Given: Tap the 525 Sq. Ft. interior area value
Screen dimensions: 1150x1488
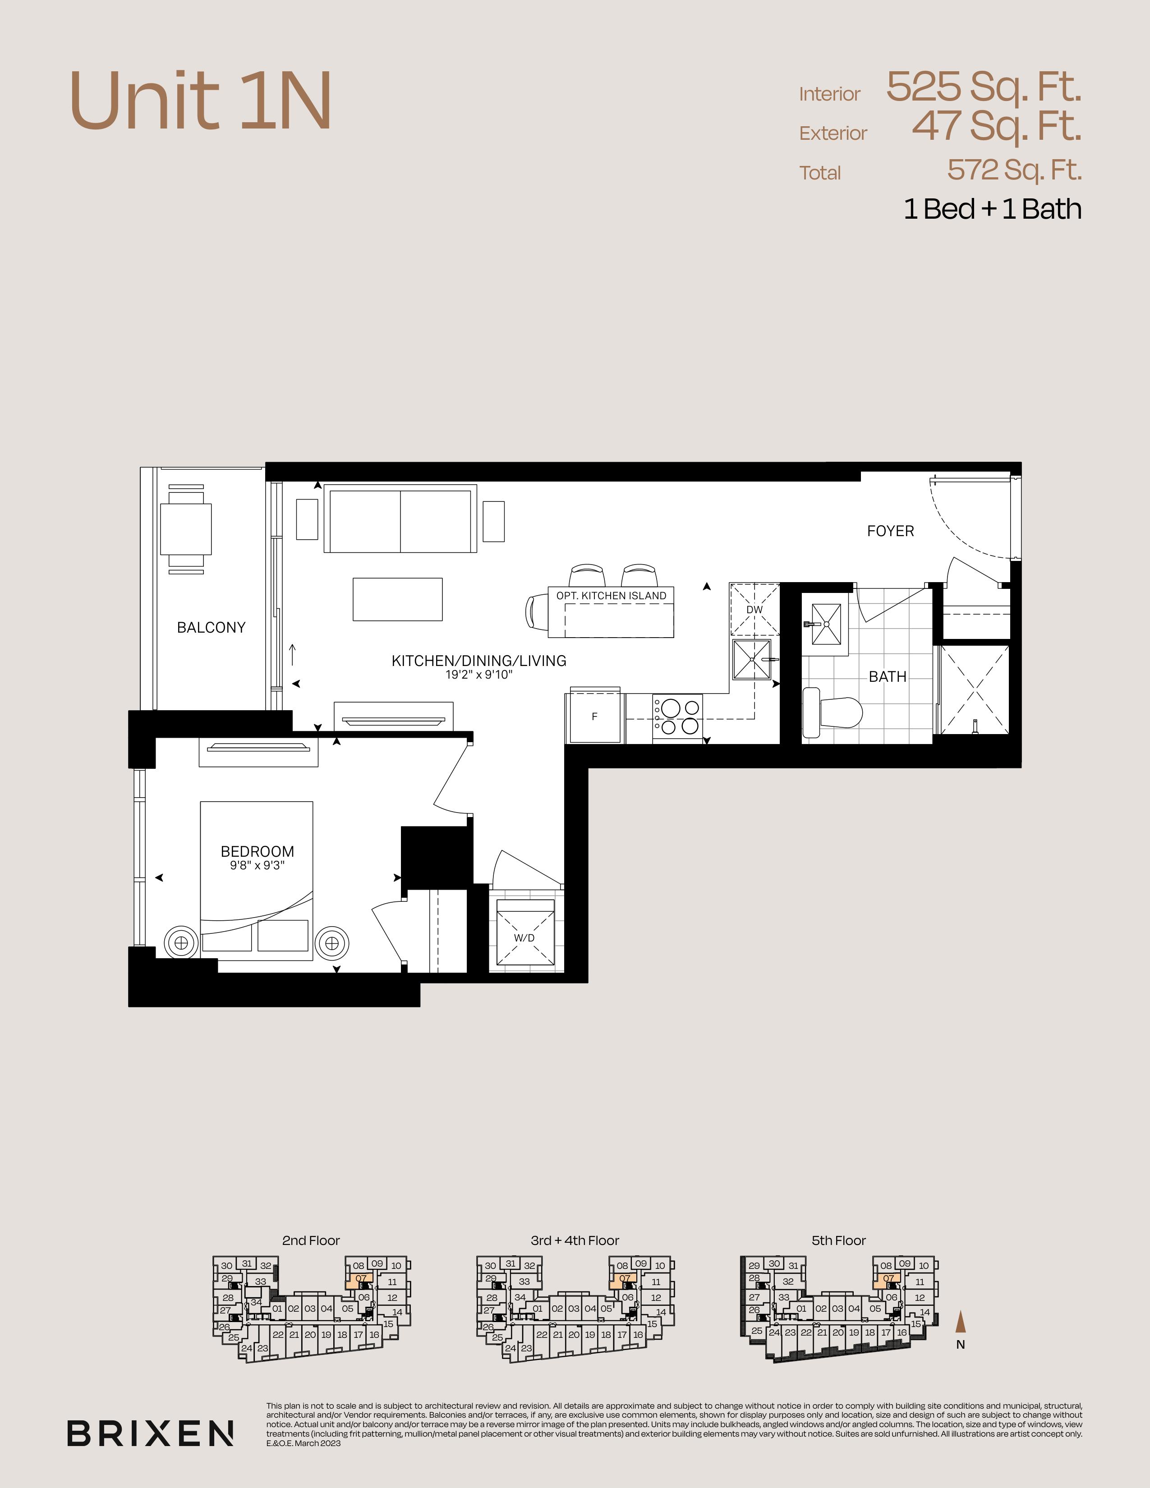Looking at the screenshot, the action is pos(984,87).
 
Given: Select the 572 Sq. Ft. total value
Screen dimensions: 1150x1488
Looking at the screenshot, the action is pos(1014,170).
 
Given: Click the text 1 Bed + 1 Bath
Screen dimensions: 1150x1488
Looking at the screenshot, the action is pos(993,209).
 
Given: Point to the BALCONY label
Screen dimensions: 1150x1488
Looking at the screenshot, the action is pos(211,628).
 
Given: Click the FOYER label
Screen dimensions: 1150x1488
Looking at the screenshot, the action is pos(890,531).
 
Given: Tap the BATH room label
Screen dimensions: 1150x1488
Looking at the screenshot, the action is pos(888,676).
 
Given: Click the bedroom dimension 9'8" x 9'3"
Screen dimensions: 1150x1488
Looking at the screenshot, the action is pos(257,866).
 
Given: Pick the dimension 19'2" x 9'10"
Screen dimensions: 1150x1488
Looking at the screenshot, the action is pos(479,675).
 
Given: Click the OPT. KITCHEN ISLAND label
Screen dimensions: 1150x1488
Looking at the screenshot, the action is pos(611,596).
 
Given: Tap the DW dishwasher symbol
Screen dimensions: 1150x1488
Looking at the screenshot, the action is pos(755,609).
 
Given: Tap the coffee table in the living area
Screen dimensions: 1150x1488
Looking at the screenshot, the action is pos(397,600).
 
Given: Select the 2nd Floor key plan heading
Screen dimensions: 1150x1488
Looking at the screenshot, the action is pos(311,1241).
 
